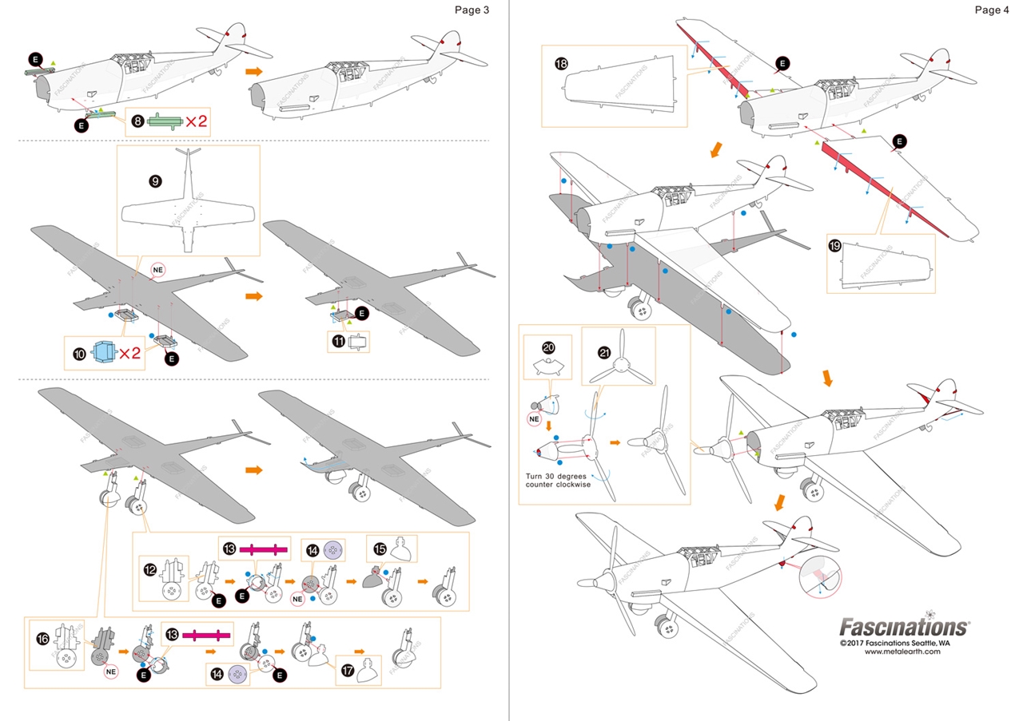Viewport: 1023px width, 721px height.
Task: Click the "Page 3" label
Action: (471, 10)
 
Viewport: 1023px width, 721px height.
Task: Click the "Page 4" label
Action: (992, 10)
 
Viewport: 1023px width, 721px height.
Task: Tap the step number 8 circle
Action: (138, 121)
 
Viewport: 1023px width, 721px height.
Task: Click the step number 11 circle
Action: (338, 343)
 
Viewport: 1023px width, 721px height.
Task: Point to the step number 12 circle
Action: (150, 570)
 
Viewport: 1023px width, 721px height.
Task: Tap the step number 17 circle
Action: (346, 671)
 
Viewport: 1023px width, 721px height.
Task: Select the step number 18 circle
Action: (561, 62)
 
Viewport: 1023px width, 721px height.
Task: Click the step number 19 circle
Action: (835, 248)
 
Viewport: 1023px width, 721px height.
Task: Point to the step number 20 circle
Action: (547, 347)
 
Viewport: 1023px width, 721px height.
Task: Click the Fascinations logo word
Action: (904, 626)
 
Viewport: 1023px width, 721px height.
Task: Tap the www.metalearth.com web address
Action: (902, 652)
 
